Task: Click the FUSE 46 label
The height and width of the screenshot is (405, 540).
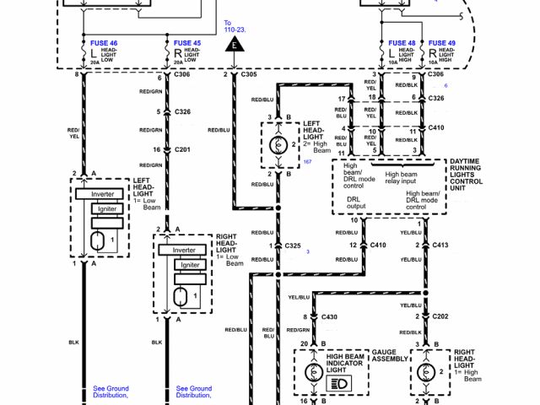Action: [x=105, y=41]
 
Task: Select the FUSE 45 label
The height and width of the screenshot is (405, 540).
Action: [x=186, y=41]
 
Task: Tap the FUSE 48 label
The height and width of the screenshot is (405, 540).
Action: [x=402, y=42]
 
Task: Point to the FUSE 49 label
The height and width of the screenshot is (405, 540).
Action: [x=442, y=42]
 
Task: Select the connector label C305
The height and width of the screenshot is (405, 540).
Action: [x=248, y=75]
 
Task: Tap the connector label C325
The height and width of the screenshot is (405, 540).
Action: [x=292, y=246]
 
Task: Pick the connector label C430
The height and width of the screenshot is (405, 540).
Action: [x=328, y=316]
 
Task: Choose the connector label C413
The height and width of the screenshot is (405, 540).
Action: [x=440, y=245]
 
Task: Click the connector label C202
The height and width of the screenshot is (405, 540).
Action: [x=440, y=316]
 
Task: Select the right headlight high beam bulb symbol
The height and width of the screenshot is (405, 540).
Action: [x=425, y=372]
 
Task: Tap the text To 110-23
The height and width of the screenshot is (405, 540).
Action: [x=235, y=25]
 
